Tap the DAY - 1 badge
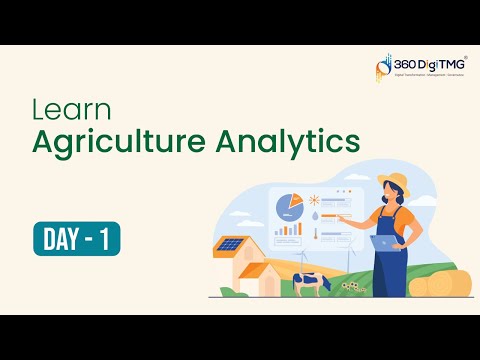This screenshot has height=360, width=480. tap(76, 238)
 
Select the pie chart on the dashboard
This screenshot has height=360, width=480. tap(290, 205)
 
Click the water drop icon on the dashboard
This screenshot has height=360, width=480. tap(315, 213)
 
